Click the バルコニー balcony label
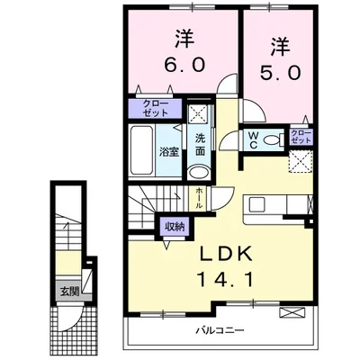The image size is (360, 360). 219,332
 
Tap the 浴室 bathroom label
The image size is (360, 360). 168,152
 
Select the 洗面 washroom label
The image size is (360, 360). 201,147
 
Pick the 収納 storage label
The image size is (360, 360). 174,226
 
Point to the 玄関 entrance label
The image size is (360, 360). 69,291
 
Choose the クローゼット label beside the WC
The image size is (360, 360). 301,137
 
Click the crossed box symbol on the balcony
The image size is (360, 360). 292,312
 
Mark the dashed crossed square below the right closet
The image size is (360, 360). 299,161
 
